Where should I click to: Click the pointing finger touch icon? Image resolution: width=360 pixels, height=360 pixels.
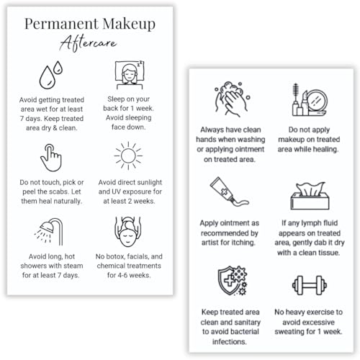(50, 156)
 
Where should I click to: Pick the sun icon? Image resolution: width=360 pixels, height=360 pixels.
(130, 156)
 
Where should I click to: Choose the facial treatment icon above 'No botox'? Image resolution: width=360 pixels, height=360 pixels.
(130, 230)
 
